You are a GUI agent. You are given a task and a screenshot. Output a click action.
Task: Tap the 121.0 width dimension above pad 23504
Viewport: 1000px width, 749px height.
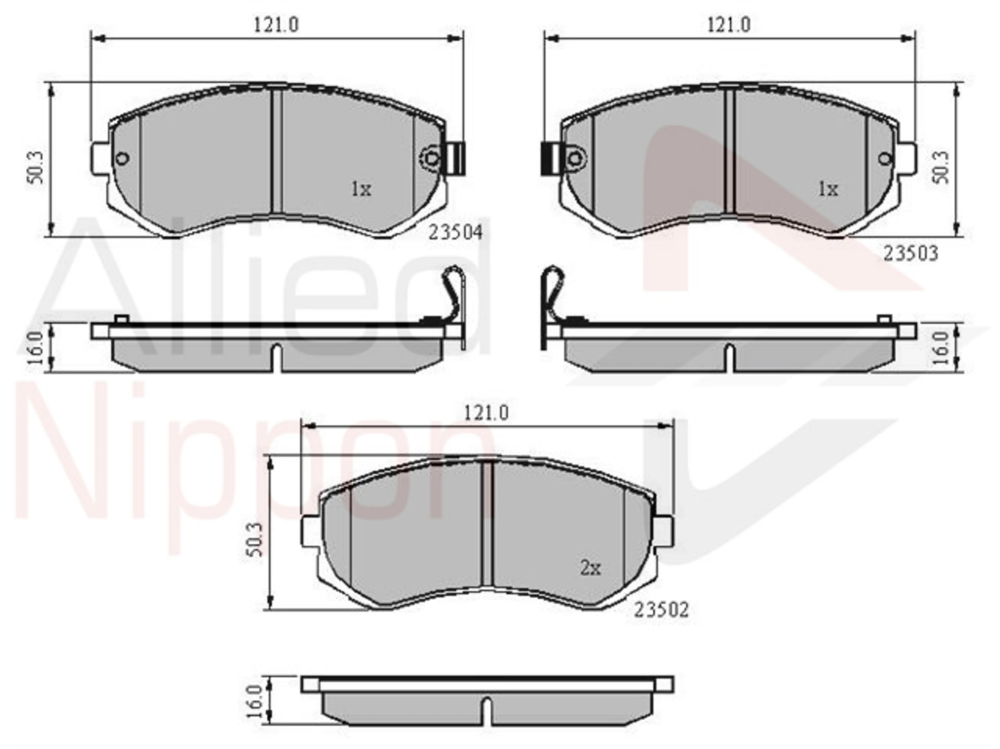[276, 25]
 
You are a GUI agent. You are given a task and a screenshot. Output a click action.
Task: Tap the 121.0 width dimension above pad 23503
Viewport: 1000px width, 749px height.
[729, 25]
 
